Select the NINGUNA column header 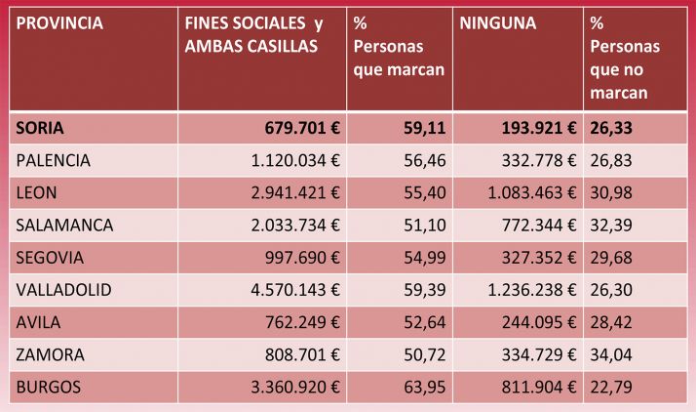[497, 22]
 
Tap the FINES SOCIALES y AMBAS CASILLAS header [254, 34]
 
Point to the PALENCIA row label [54, 160]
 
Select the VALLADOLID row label [64, 290]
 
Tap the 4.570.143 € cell [290, 290]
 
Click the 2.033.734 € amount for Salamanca [290, 225]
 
